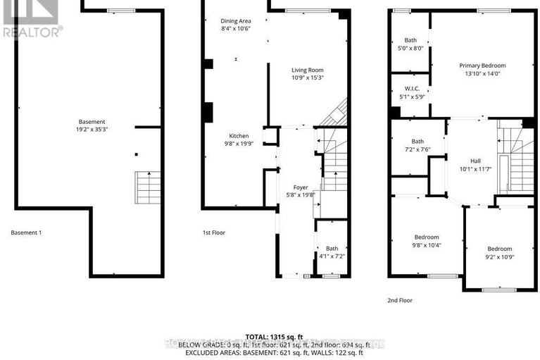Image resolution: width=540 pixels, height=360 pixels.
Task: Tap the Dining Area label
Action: point(235,21)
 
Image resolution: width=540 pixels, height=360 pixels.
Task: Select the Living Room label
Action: point(308,70)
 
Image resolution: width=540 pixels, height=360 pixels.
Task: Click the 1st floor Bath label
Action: point(332,248)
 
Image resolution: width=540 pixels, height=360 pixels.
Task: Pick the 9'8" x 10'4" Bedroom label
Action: point(427,237)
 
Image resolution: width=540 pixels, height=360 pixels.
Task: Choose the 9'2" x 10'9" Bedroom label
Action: point(500,248)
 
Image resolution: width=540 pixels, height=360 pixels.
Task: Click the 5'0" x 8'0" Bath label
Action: point(410,40)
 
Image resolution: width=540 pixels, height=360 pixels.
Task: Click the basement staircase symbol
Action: point(148,187)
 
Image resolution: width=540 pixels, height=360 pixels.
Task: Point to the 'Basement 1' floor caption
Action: point(27,232)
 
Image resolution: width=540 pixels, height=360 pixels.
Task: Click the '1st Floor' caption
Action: point(213,232)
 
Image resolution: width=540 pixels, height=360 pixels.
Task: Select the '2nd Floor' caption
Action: point(401,300)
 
